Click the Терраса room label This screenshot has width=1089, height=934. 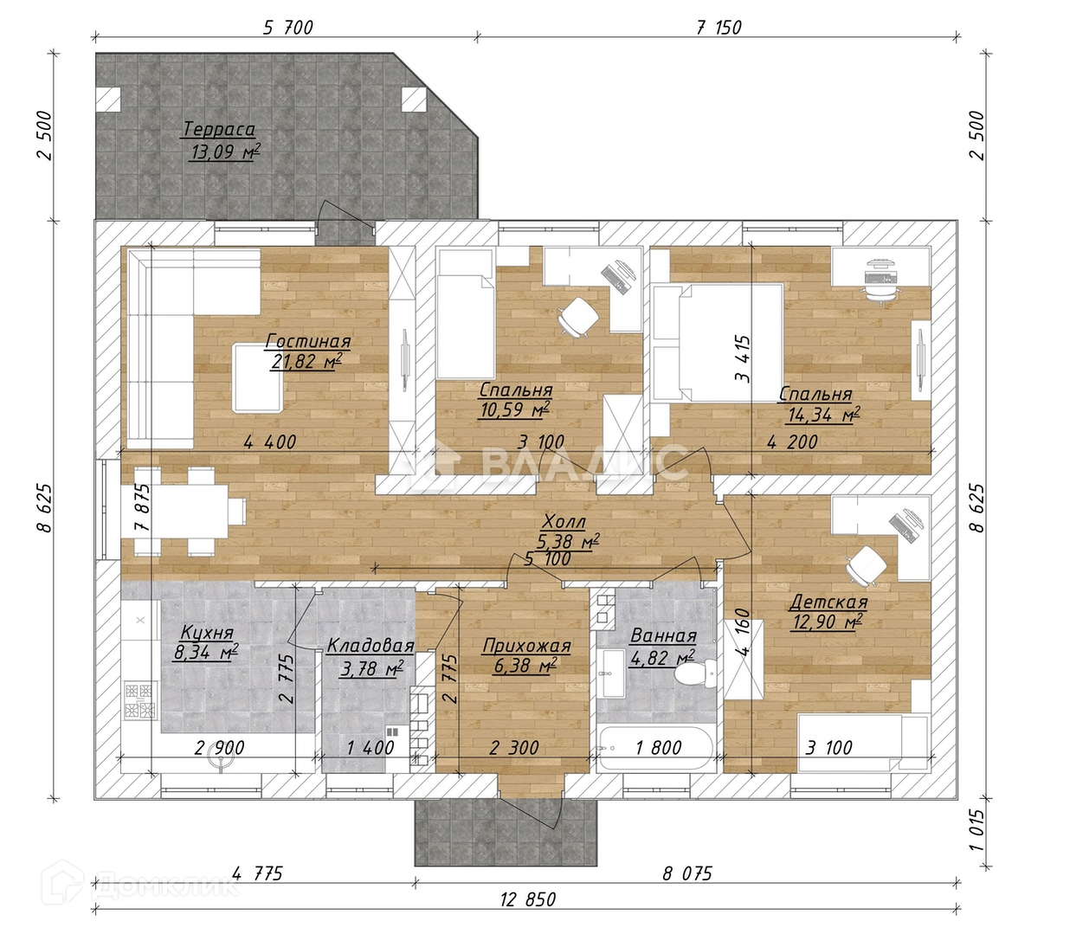click(219, 129)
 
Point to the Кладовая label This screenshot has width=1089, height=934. click(370, 646)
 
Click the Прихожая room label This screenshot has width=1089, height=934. click(526, 646)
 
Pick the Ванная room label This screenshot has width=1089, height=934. click(663, 636)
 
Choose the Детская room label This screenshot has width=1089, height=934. click(828, 602)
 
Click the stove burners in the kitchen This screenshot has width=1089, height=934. click(140, 700)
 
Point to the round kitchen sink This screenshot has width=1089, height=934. click(220, 760)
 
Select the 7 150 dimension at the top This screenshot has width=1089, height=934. click(718, 28)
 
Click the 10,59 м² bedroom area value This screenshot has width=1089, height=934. click(514, 409)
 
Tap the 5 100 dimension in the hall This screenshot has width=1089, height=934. click(547, 559)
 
